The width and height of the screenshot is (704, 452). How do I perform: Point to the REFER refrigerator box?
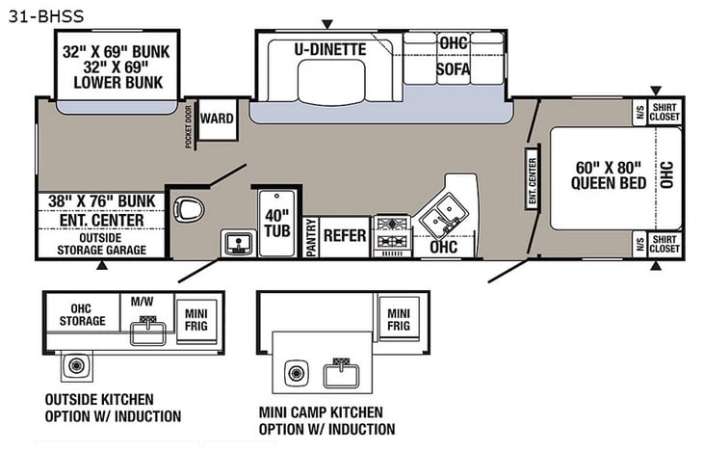point(344,235)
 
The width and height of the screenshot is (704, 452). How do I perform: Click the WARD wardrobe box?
point(218,120)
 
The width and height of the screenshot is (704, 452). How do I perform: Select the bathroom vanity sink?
point(234,242)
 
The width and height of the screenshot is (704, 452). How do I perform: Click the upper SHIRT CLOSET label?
point(665,111)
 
